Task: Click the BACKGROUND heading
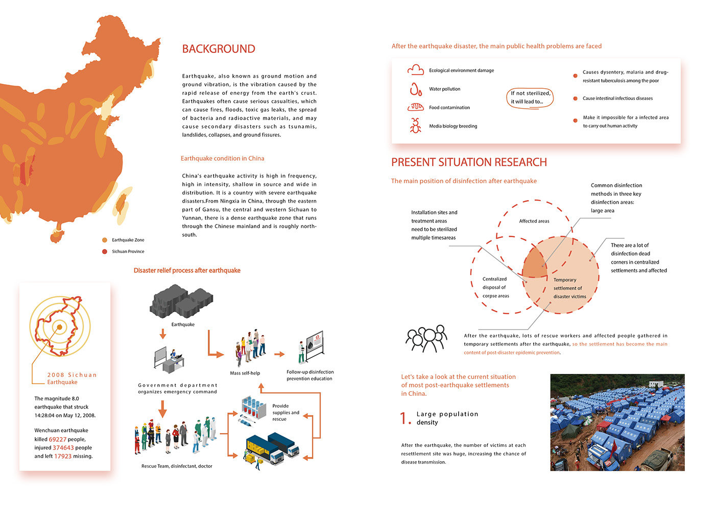(219, 49)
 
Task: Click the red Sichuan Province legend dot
(105, 251)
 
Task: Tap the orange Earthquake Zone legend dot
(105, 240)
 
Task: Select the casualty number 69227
(58, 439)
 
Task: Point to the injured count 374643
(63, 448)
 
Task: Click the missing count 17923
(63, 456)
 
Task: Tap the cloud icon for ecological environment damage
(416, 70)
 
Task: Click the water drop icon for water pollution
(416, 89)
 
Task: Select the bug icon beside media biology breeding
(416, 125)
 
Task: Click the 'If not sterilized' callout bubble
(531, 97)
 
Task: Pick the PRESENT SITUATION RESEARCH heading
(469, 162)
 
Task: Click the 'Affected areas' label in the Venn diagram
(534, 221)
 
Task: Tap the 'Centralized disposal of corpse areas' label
(495, 287)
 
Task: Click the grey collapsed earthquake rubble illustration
(181, 302)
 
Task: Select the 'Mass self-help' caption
(245, 373)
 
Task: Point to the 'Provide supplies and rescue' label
(285, 413)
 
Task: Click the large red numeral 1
(404, 419)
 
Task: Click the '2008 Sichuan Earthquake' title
(71, 378)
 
